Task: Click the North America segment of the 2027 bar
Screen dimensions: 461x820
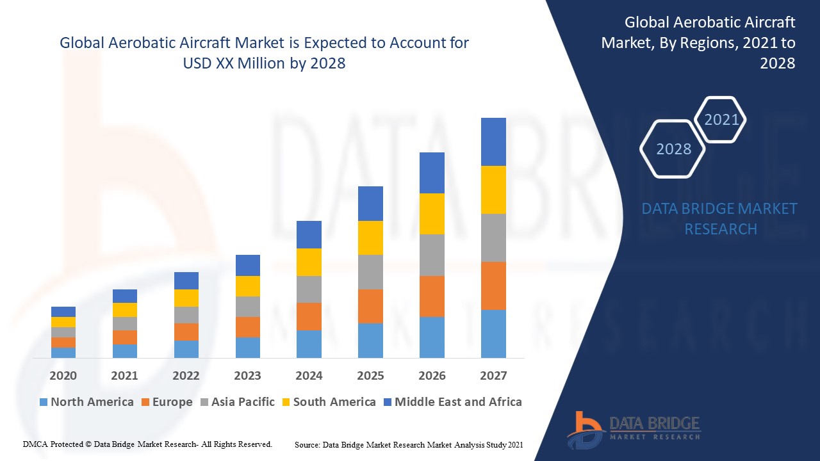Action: point(493,334)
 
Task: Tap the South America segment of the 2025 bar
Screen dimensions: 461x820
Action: point(370,238)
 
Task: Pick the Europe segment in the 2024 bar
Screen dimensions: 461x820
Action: point(309,316)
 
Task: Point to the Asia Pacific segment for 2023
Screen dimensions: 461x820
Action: point(248,306)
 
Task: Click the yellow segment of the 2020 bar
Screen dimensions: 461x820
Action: point(63,321)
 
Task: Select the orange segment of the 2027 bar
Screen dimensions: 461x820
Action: point(493,286)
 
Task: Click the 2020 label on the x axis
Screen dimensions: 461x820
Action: point(63,375)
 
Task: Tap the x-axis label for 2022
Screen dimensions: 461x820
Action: point(186,375)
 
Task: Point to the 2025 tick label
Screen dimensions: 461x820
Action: point(370,375)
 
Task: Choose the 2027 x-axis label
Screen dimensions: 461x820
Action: point(493,375)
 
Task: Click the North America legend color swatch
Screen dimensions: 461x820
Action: point(44,402)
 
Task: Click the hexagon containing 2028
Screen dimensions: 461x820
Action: point(673,149)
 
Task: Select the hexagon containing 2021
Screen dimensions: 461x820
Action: point(721,120)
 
